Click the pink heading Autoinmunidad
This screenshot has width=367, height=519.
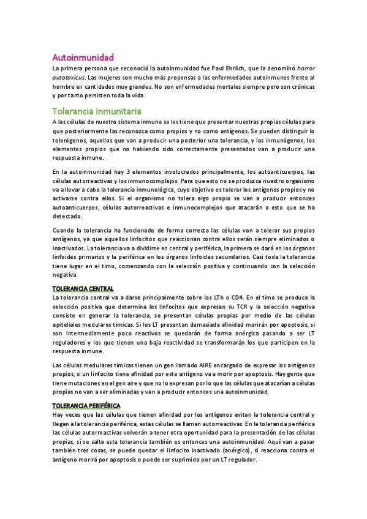83,57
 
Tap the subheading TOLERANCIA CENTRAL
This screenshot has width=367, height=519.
83,288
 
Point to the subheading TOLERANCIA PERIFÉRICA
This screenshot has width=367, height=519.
86,406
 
